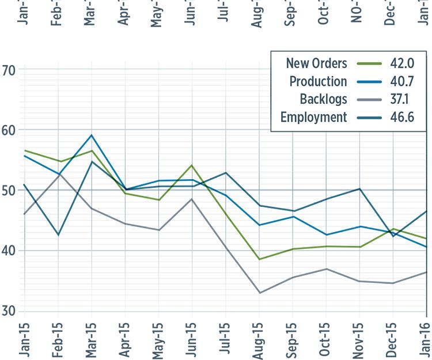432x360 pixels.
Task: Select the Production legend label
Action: click(318, 81)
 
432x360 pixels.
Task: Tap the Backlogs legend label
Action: click(324, 99)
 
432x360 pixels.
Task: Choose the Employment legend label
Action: click(313, 118)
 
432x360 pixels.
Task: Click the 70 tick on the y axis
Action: click(9, 70)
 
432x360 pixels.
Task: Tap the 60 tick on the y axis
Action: click(9, 130)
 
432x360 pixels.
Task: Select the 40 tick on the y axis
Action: click(9, 251)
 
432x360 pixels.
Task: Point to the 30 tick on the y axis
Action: click(9, 311)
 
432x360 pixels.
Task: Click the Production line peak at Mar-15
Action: click(91, 135)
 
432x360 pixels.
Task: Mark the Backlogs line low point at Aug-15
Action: click(259, 293)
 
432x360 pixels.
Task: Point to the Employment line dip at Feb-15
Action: click(58, 235)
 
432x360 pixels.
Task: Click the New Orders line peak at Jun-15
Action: click(192, 165)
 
